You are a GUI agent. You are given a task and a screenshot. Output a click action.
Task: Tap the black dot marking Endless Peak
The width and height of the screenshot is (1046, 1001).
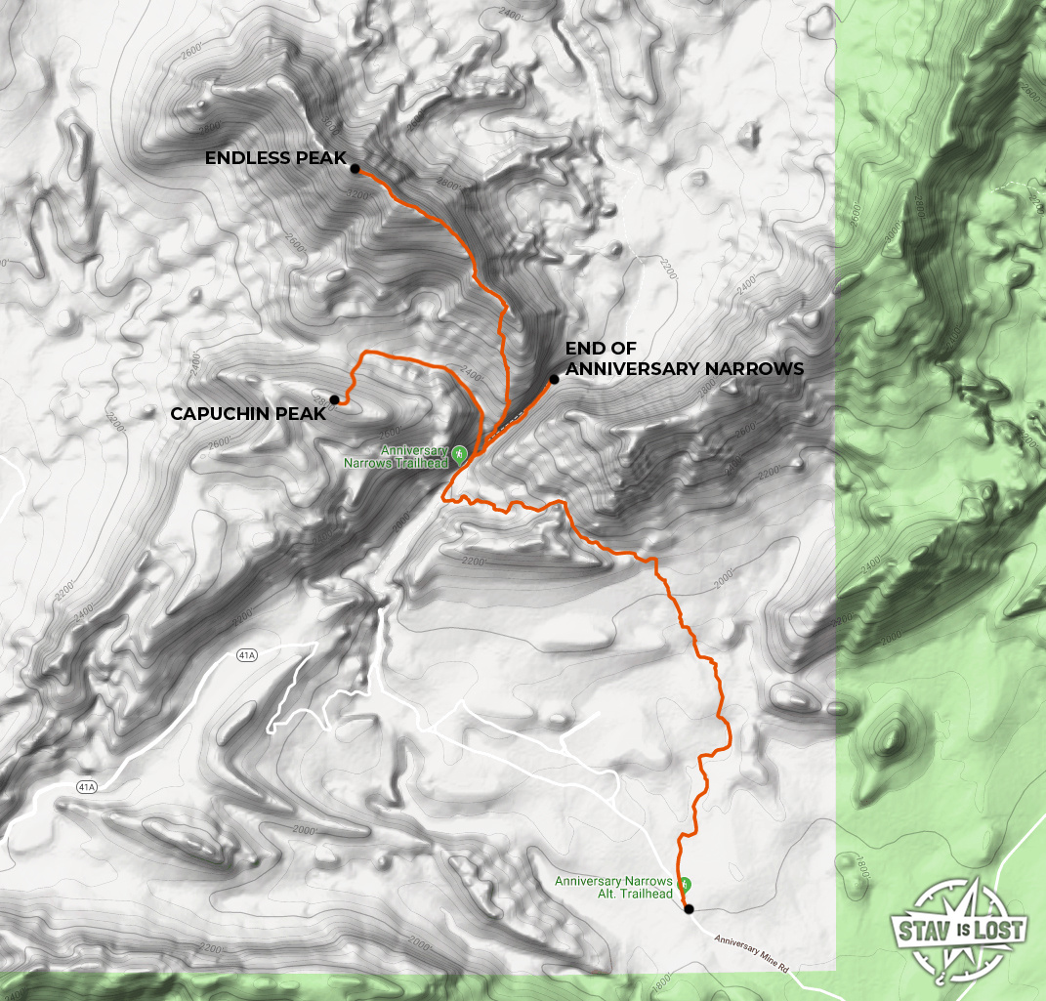pyautogui.click(x=355, y=168)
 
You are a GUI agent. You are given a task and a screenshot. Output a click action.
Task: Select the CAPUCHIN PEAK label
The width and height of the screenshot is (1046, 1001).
pyautogui.click(x=247, y=414)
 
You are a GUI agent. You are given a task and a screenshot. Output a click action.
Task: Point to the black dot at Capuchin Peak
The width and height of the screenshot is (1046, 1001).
pyautogui.click(x=335, y=399)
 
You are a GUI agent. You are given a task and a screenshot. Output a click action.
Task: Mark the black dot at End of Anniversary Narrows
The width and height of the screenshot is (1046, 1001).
pyautogui.click(x=553, y=379)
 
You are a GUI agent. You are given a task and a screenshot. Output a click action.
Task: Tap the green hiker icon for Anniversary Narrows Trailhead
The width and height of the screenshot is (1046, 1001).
pyautogui.click(x=459, y=452)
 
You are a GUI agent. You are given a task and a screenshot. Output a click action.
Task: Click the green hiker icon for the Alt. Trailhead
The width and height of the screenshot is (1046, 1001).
pyautogui.click(x=685, y=884)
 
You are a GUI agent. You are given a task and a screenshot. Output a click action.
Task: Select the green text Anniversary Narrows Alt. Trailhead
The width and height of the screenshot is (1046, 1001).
pyautogui.click(x=614, y=888)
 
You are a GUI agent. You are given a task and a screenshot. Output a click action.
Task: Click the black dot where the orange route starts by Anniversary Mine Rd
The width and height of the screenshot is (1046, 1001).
pyautogui.click(x=689, y=909)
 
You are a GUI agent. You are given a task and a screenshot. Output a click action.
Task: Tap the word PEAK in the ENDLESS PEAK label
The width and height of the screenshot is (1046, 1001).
pyautogui.click(x=323, y=158)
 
